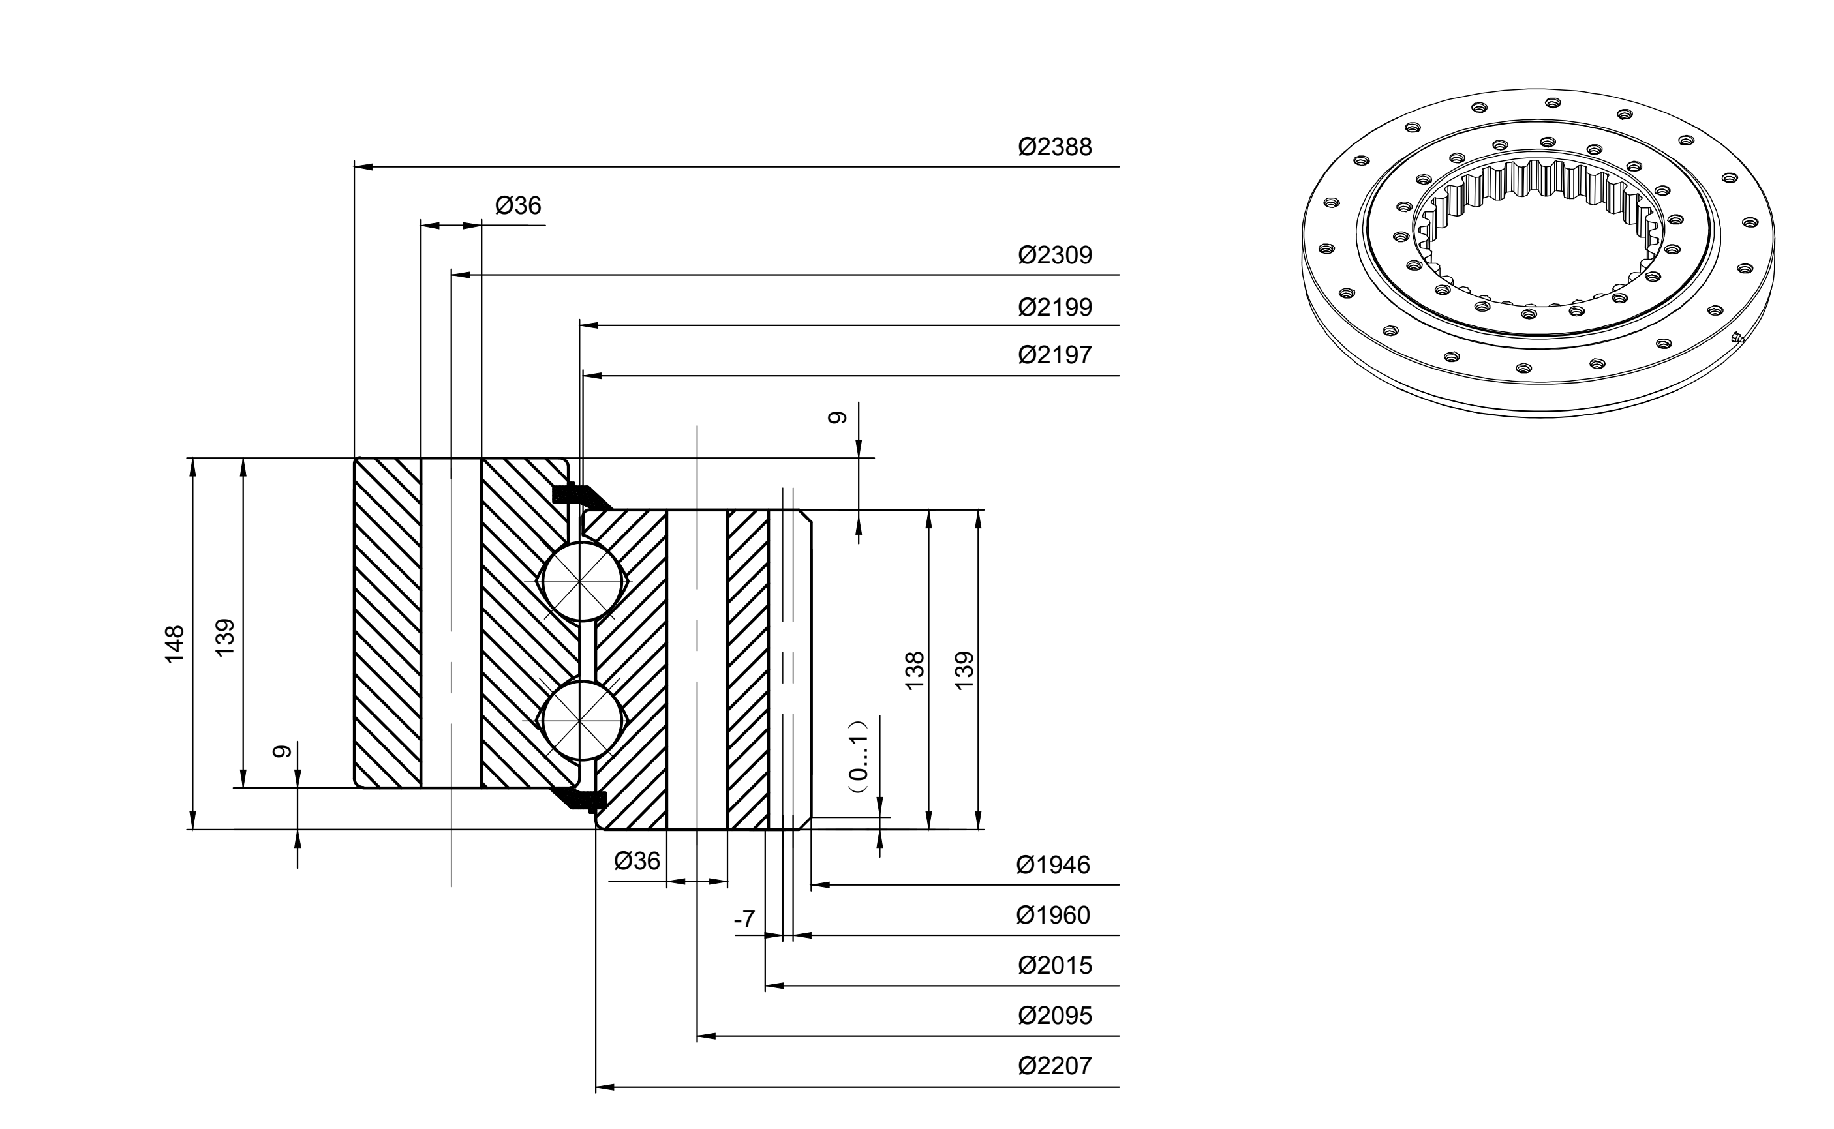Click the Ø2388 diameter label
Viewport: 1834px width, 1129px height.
tap(1054, 147)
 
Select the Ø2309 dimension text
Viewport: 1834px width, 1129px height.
tap(1054, 256)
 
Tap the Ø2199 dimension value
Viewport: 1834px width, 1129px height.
tap(1054, 307)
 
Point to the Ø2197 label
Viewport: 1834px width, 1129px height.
tap(1054, 355)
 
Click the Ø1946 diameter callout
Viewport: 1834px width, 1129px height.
tap(1053, 865)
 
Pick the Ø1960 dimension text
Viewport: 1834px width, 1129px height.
tap(1053, 914)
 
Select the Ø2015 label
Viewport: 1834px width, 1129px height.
tap(1054, 965)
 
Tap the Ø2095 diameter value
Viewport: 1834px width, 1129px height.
tap(1054, 1016)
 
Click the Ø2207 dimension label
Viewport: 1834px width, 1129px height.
tap(1054, 1066)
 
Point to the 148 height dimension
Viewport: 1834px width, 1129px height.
tap(174, 644)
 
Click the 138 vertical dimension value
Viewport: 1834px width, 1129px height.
tap(914, 670)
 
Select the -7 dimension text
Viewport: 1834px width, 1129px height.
tap(744, 919)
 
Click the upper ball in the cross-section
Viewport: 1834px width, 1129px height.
tap(583, 580)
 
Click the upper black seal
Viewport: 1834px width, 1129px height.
tap(580, 495)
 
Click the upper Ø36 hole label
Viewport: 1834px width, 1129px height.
tap(517, 205)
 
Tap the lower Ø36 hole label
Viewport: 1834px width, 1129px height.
tap(637, 861)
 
